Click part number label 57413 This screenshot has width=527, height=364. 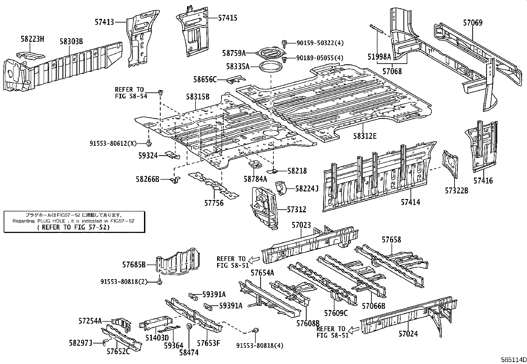tap(104, 22)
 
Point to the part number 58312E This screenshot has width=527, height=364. tap(364, 136)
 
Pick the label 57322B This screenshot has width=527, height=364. tap(456, 191)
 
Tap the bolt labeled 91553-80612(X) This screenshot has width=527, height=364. tap(149, 143)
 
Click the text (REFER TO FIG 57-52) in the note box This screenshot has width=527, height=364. tap(73, 227)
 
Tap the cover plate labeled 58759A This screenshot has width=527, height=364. tap(270, 54)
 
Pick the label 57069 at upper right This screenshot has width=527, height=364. tap(472, 23)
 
